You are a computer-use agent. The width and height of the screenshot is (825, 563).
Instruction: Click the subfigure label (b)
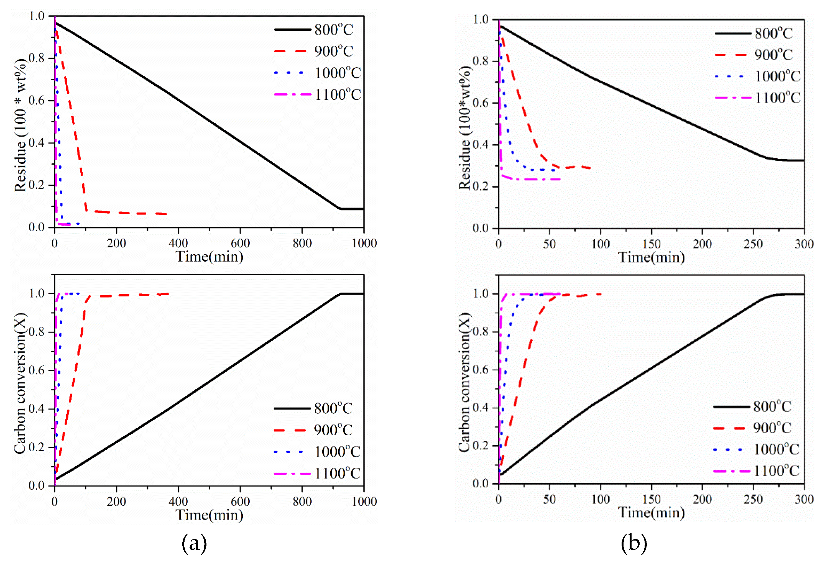634,543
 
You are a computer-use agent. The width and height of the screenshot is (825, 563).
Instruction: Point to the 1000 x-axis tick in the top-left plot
364,243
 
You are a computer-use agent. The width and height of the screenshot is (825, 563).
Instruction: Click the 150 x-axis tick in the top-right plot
652,244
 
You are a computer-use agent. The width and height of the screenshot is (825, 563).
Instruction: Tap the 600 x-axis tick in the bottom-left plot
240,501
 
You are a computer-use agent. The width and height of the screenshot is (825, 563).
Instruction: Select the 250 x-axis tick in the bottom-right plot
753,500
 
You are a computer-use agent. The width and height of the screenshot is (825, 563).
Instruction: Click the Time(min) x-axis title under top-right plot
652,257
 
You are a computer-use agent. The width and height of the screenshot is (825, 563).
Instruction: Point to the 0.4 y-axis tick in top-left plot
37,143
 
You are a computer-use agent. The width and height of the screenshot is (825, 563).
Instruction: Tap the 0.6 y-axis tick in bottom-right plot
481,370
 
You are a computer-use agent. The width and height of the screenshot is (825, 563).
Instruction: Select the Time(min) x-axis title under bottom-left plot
210,515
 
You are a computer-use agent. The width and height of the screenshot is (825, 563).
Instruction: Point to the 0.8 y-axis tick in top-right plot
481,61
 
